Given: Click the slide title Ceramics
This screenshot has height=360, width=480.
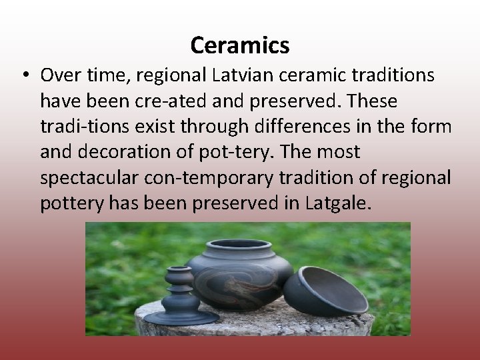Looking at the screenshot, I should point(239,45).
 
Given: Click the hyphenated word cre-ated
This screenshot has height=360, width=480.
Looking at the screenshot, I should point(173,101).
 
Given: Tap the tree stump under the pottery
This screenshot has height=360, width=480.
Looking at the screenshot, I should point(253,323).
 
